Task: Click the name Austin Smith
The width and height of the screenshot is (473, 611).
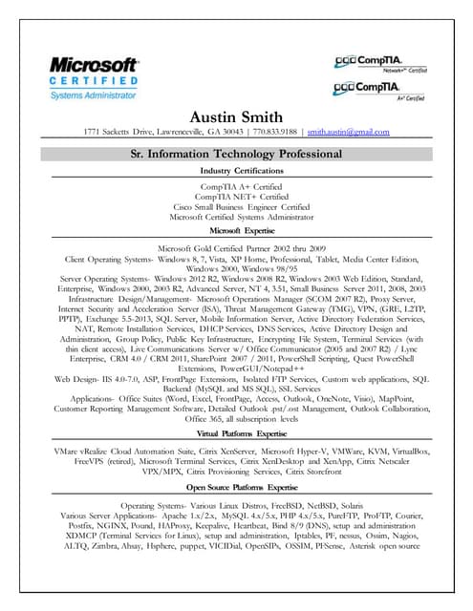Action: pos(236,116)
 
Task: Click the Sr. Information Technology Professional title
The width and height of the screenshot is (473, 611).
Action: pos(236,153)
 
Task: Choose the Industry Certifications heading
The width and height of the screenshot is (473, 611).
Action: pos(236,170)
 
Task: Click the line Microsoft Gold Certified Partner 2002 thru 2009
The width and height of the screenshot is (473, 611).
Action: pos(236,247)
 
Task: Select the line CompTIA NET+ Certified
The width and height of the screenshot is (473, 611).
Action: pos(236,195)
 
